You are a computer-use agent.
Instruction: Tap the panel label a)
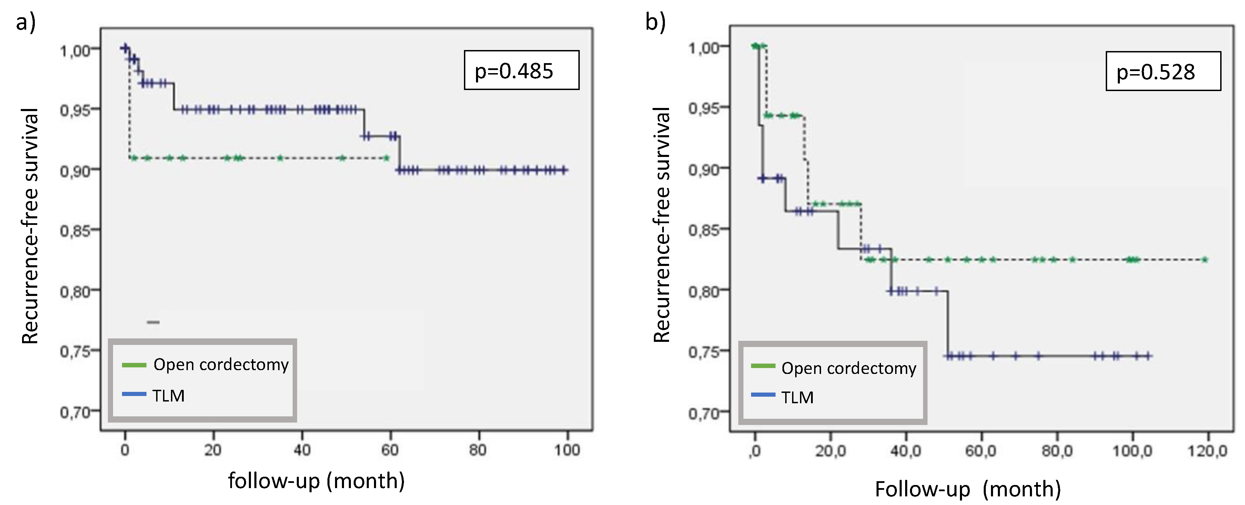[26, 22]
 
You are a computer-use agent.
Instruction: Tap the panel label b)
[655, 22]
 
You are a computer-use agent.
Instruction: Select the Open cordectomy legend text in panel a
[221, 364]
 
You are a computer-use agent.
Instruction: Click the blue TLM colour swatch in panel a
[134, 394]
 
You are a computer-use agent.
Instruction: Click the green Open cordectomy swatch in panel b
[763, 366]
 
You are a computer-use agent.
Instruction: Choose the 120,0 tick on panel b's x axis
[1207, 451]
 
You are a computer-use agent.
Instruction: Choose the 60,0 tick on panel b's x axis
[981, 451]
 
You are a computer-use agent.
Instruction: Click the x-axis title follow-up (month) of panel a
[316, 481]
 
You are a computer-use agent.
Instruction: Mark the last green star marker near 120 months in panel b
[1204, 260]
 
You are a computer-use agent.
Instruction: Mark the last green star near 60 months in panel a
[386, 158]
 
